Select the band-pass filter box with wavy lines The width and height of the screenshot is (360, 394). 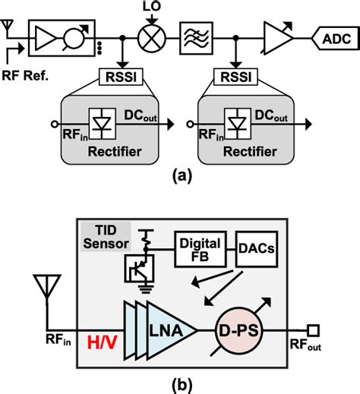[x=191, y=36]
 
